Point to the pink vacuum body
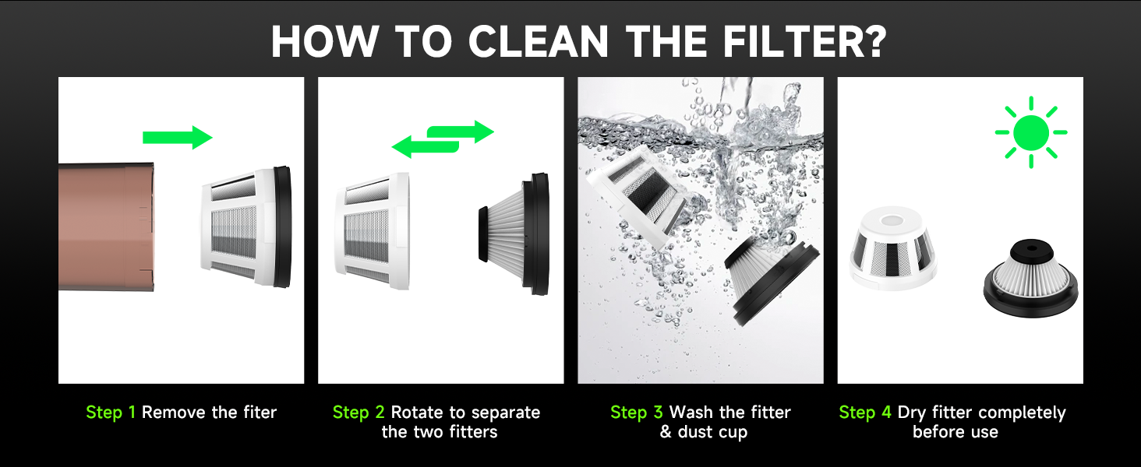(x=106, y=226)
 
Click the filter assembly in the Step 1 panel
(x=246, y=226)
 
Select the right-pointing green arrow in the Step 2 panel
(x=464, y=132)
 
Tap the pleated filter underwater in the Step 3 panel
(x=772, y=276)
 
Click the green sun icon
(x=1031, y=132)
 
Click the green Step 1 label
(x=110, y=413)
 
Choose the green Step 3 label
(x=636, y=413)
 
